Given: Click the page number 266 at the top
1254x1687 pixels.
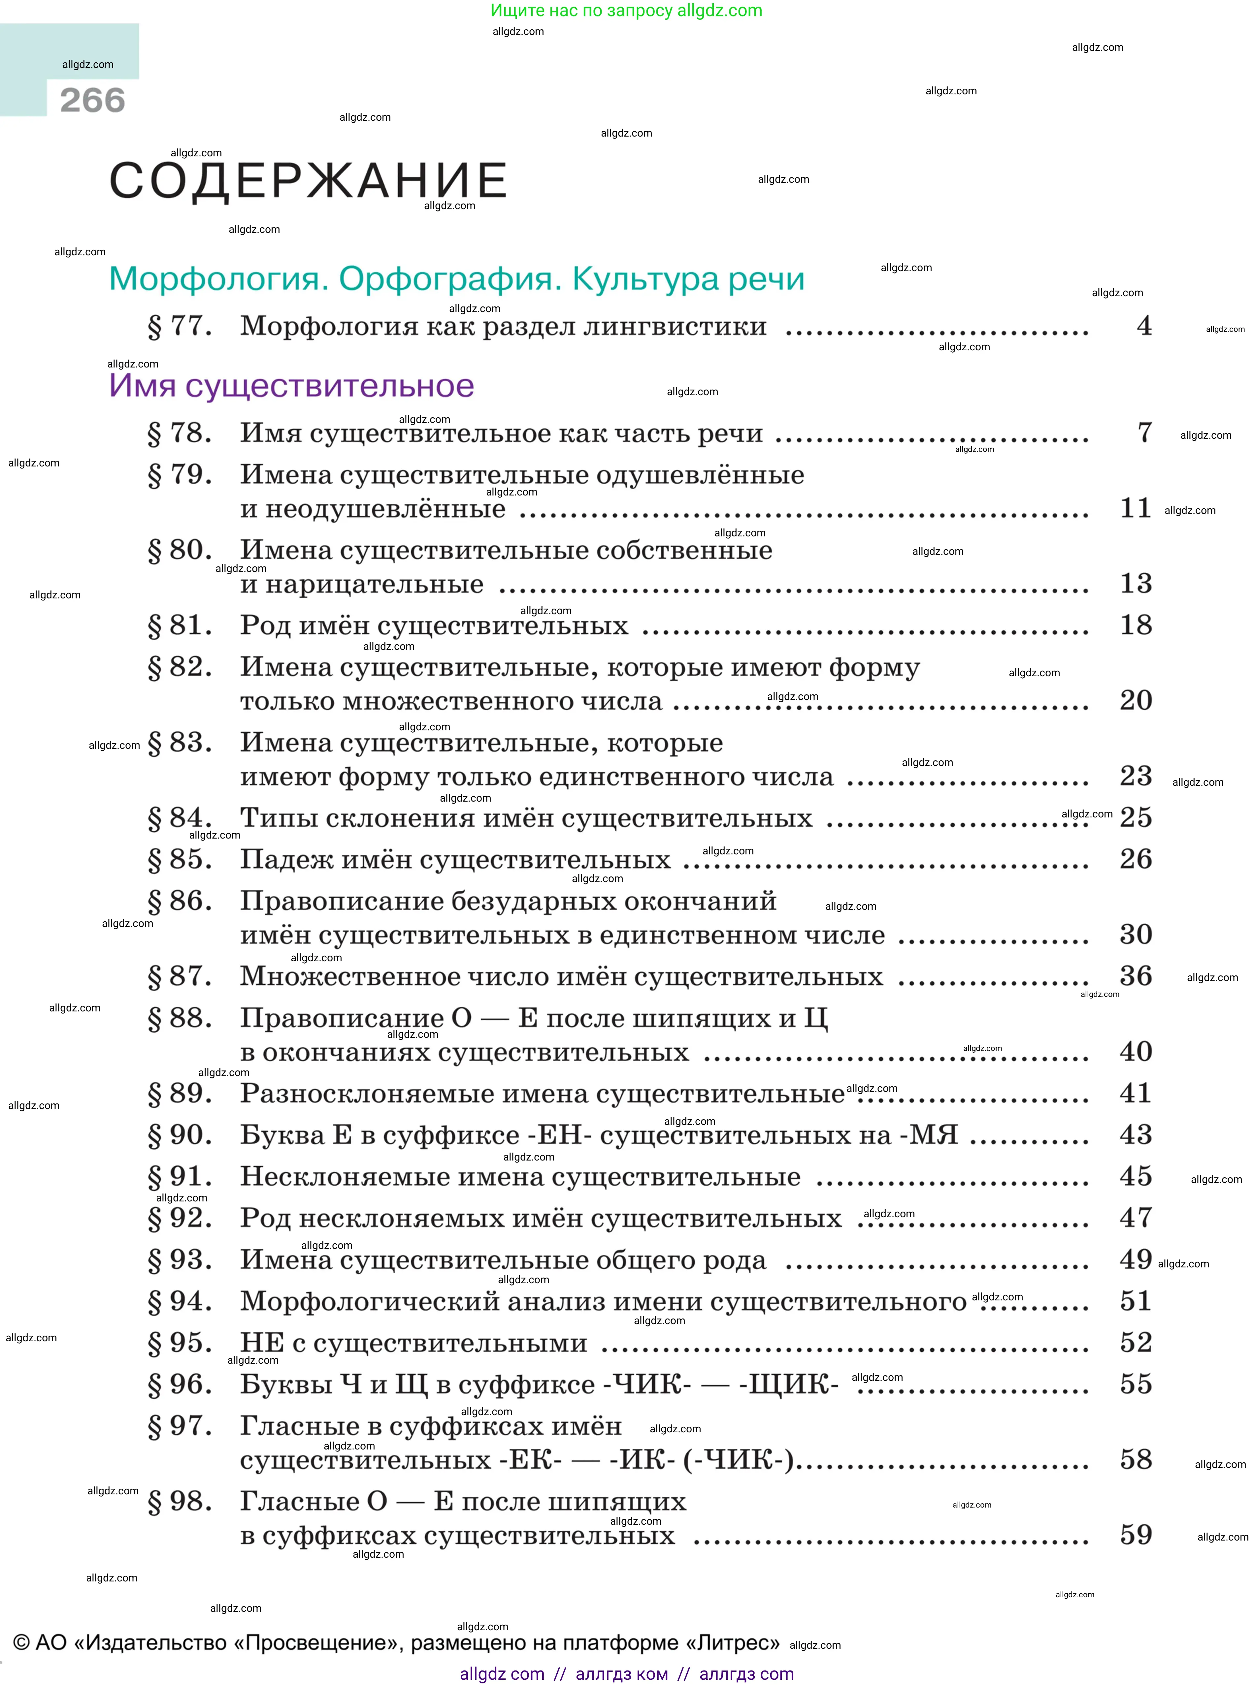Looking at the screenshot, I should point(93,100).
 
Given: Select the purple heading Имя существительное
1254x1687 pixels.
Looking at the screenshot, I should point(291,386).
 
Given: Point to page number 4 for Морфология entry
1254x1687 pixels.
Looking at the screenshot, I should point(1144,326).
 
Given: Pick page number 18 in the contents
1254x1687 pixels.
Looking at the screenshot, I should point(1136,625).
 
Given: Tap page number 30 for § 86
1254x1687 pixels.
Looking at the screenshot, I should point(1136,934).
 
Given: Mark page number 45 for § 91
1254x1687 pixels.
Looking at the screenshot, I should point(1136,1176).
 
